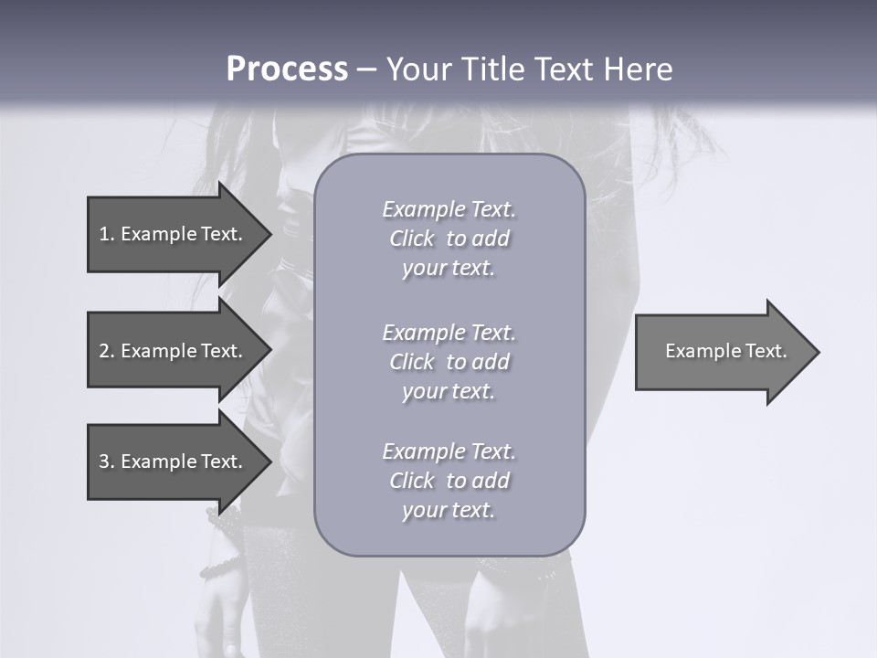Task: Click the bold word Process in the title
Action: (287, 69)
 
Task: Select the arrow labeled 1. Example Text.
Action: (174, 234)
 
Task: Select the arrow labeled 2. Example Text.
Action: (174, 351)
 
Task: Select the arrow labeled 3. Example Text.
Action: (174, 462)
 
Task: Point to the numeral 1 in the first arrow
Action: (104, 234)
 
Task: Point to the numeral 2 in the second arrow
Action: (104, 351)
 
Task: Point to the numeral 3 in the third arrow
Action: (104, 462)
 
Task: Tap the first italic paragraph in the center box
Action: (449, 239)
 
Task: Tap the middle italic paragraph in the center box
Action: (449, 362)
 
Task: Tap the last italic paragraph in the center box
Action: (449, 481)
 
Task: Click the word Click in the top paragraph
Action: (412, 239)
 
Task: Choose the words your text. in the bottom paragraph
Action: (449, 510)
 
